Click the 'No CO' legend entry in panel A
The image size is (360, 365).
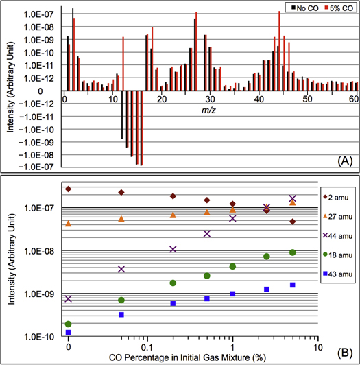pyautogui.click(x=304, y=8)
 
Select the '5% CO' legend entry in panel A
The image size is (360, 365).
pyautogui.click(x=338, y=8)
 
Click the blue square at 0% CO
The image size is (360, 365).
pyautogui.click(x=68, y=332)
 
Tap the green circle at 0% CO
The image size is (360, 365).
pyautogui.click(x=68, y=324)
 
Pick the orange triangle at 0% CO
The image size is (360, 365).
pyautogui.click(x=68, y=224)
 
